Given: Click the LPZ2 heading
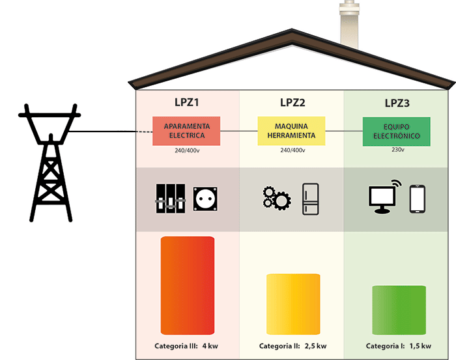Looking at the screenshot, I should [292, 102].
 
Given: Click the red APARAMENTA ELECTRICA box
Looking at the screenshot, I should [186, 131].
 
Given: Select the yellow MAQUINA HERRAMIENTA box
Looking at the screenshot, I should [291, 131].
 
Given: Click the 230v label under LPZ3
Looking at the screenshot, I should [397, 150].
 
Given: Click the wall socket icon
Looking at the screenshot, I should [205, 200].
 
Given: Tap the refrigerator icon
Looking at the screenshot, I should [311, 199].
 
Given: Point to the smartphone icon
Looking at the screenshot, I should [417, 199].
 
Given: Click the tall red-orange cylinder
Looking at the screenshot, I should [188, 286].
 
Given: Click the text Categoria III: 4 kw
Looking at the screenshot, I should [186, 346].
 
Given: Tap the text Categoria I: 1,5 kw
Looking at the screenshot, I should [399, 346].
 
